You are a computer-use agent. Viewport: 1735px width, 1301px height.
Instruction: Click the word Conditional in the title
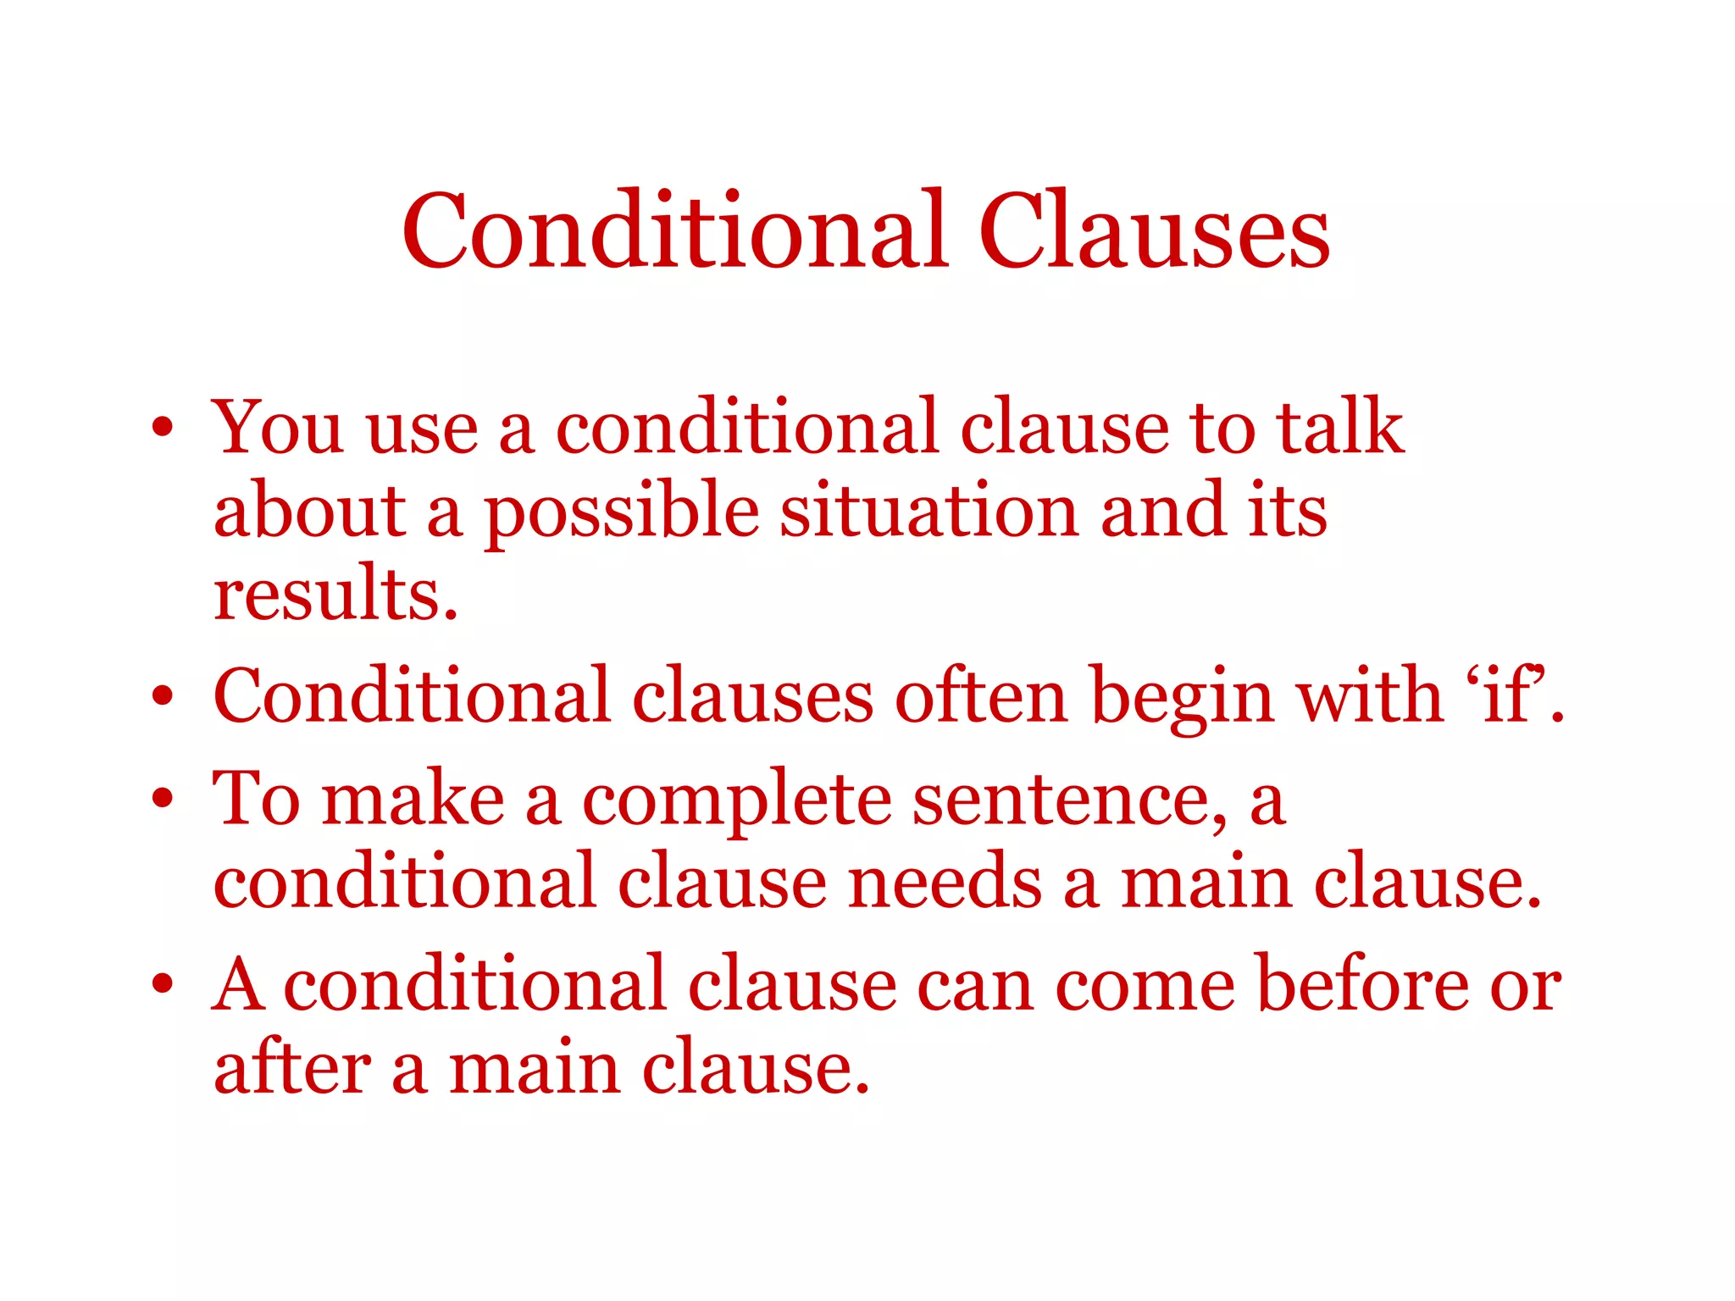click(673, 231)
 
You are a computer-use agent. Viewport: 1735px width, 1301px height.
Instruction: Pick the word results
click(335, 594)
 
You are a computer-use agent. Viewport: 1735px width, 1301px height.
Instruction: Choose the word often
click(980, 696)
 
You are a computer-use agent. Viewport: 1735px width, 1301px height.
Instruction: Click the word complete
click(736, 801)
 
